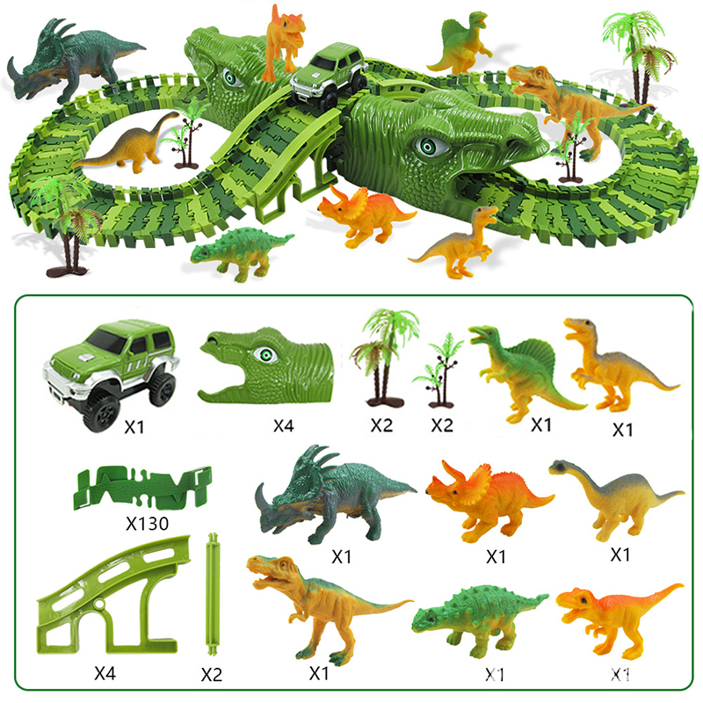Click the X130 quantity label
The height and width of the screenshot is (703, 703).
point(147,523)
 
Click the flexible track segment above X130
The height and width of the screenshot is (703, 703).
point(142,488)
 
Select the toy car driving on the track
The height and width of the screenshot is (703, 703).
point(329,76)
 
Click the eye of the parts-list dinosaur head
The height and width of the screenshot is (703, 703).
point(266,355)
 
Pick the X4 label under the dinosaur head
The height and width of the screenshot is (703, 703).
point(284,425)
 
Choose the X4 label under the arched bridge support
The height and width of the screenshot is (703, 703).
point(105,673)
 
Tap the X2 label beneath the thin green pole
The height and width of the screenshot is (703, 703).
point(212,674)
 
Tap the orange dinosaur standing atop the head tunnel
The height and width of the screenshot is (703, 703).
point(283,41)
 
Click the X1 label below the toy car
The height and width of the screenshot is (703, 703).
point(134,427)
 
